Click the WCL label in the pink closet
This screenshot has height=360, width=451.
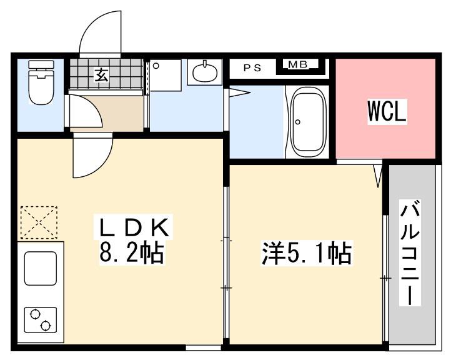[387, 111]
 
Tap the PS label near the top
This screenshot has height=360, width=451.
[252, 68]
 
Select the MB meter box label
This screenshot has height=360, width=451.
[298, 64]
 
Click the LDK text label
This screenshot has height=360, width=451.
[134, 227]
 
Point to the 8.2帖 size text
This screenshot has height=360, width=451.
[131, 253]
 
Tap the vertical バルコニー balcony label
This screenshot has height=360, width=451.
[410, 252]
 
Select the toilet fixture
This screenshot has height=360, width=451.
[41, 82]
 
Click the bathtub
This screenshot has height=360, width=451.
[307, 122]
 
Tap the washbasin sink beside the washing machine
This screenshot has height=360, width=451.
[204, 72]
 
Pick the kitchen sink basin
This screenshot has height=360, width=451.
[40, 268]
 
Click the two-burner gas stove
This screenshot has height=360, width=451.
[40, 320]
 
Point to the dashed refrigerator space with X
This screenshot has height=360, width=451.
[39, 222]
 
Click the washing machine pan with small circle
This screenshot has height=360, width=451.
[166, 75]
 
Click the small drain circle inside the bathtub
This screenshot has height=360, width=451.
[298, 122]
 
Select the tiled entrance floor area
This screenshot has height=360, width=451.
[106, 73]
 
